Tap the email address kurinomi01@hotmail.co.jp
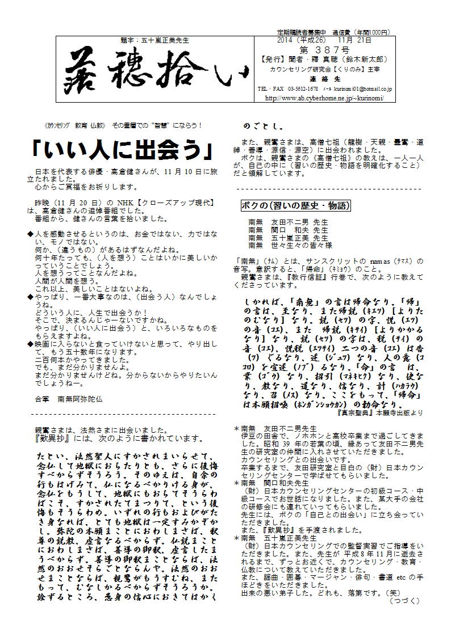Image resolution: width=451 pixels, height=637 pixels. pyautogui.click(x=369, y=90)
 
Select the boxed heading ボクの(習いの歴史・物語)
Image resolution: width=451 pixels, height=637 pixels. pyautogui.click(x=296, y=205)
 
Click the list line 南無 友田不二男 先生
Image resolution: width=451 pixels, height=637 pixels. pyautogui.click(x=288, y=222)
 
